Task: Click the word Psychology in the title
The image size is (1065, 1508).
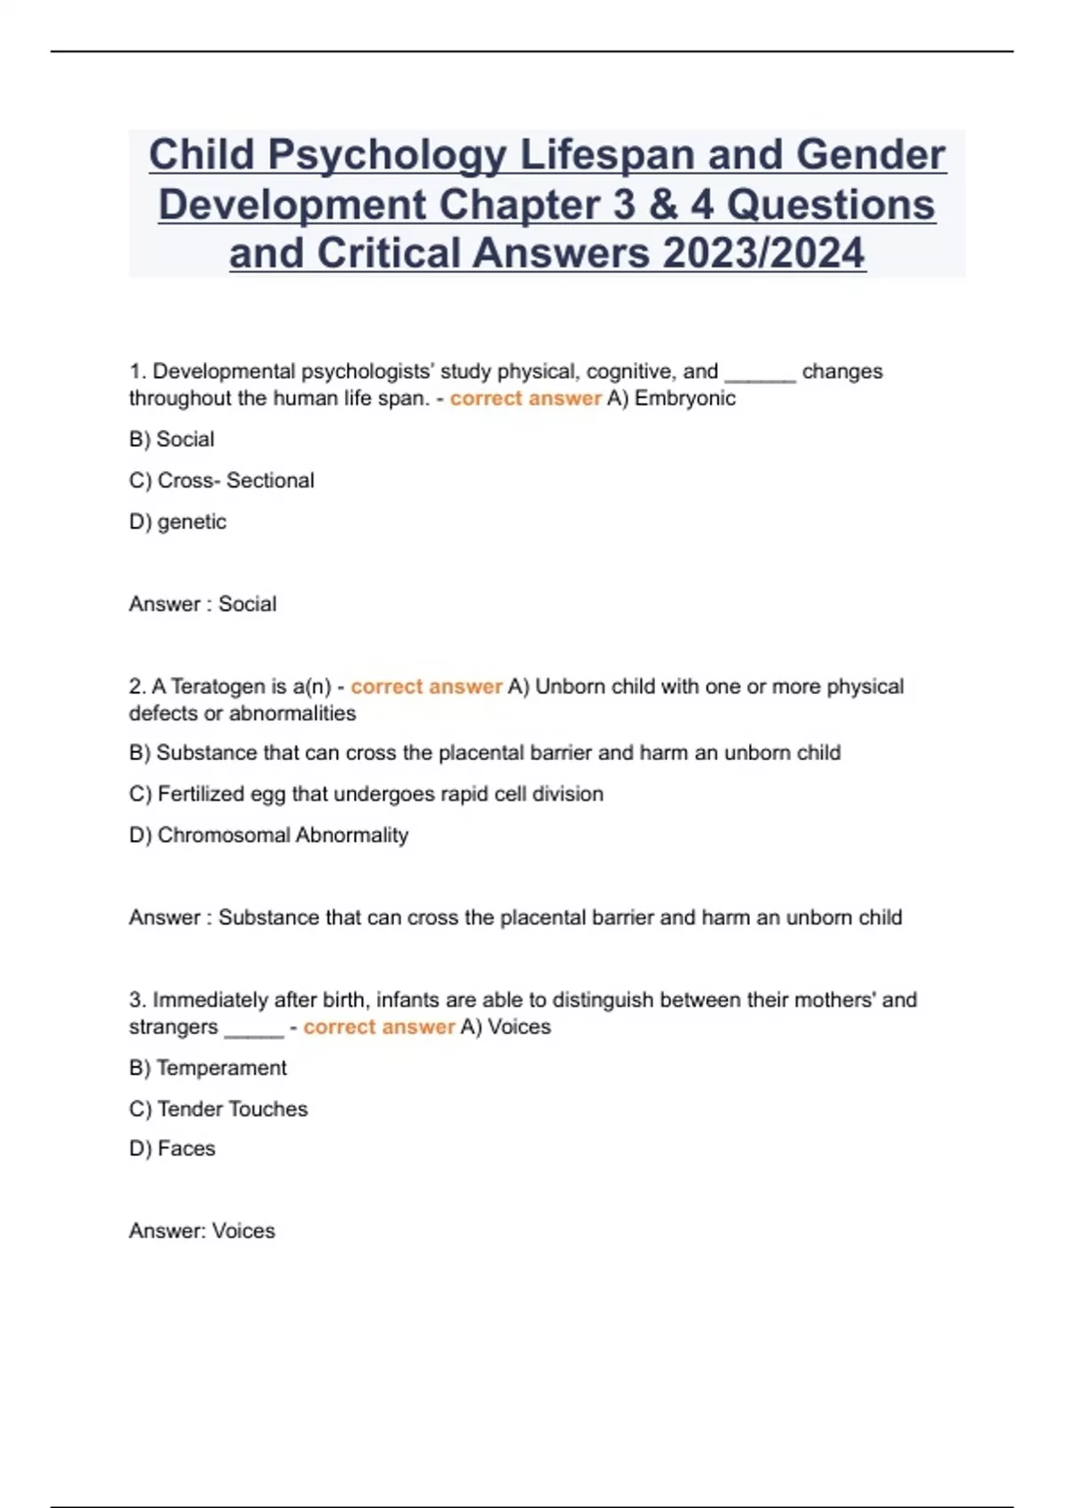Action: (x=387, y=155)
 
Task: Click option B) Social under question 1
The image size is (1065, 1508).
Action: (x=171, y=439)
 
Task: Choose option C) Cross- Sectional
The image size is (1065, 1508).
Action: (x=221, y=480)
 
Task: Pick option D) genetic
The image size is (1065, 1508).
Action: (x=177, y=522)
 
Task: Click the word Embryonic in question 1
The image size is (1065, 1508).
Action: (x=685, y=398)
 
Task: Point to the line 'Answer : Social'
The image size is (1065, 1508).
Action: (x=202, y=604)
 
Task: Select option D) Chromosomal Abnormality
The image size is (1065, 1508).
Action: (x=268, y=835)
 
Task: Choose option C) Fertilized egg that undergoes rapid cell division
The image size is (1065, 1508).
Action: (x=366, y=794)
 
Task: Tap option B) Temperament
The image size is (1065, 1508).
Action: (x=208, y=1068)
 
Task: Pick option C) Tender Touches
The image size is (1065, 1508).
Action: (x=218, y=1109)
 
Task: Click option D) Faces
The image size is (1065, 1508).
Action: (x=172, y=1149)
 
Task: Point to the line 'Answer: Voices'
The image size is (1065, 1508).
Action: (x=201, y=1231)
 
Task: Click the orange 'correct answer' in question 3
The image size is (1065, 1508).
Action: (x=379, y=1027)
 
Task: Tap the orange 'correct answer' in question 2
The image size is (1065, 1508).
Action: (x=427, y=687)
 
